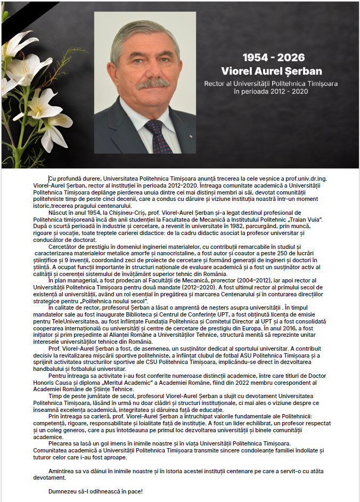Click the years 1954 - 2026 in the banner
pyautogui.click(x=274, y=58)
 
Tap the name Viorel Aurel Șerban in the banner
pyautogui.click(x=272, y=71)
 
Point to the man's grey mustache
pyautogui.click(x=153, y=83)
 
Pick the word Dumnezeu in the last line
pyautogui.click(x=66, y=491)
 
